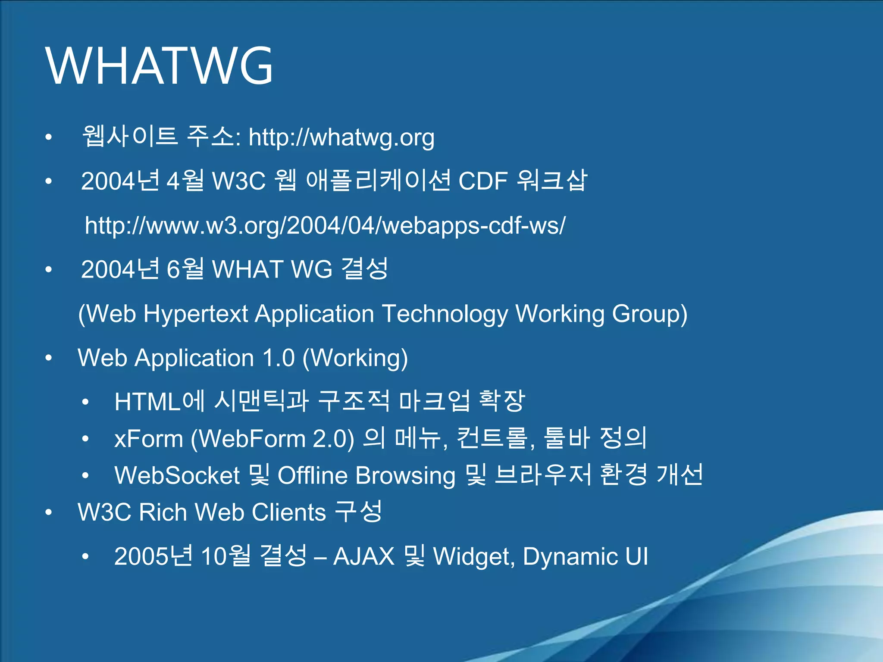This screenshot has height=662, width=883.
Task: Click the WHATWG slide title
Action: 159,66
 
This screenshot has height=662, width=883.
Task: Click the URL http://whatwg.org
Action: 341,137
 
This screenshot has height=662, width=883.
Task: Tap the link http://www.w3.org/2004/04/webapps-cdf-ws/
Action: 325,225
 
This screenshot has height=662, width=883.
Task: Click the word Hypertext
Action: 195,314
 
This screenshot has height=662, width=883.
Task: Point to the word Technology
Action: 445,314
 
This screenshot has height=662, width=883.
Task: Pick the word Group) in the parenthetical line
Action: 650,314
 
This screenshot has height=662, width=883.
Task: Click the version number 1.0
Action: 279,358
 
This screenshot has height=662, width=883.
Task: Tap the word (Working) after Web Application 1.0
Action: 355,359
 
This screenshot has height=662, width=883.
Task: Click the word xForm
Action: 149,439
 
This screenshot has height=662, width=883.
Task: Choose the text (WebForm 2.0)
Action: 272,439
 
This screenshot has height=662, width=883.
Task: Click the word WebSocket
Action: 177,475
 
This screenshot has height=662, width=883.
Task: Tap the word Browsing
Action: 406,476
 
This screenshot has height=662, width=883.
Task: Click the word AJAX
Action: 364,556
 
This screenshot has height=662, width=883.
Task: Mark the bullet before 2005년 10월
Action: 85,556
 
